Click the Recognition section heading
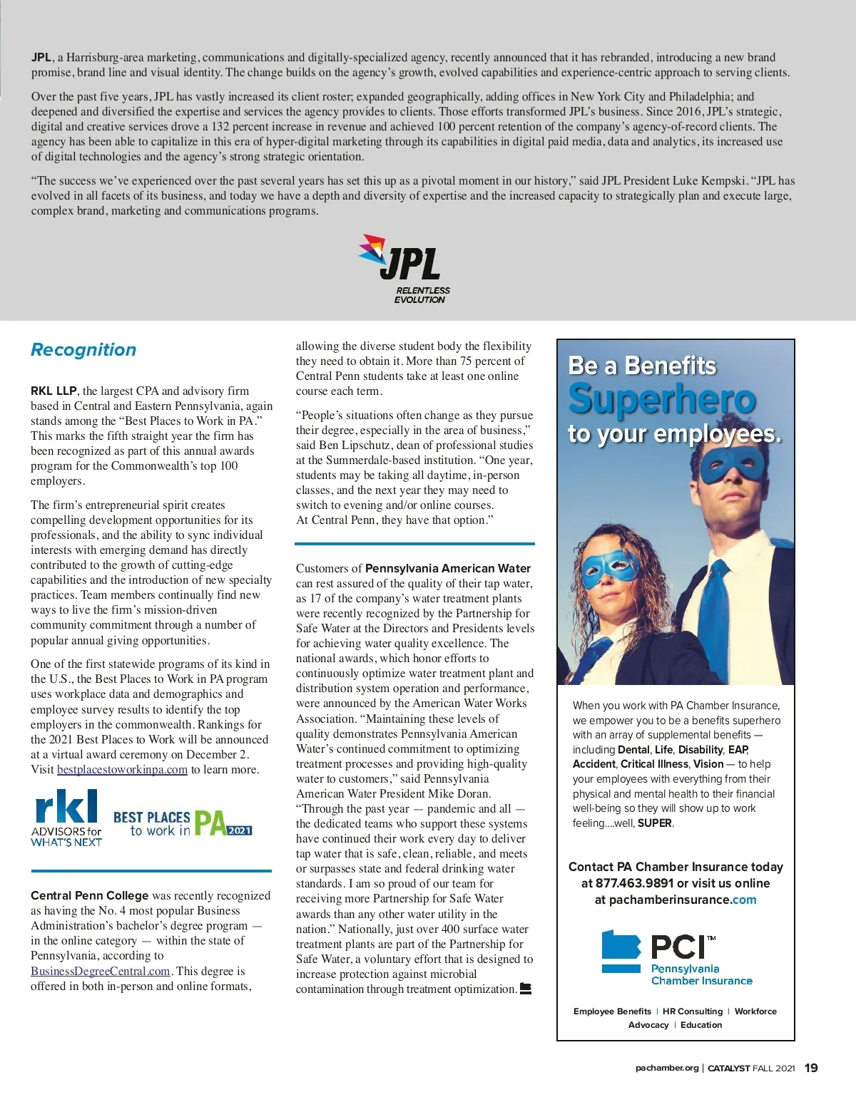[83, 349]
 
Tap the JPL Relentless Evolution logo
[404, 269]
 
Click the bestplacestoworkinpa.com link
[122, 770]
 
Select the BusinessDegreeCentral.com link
[101, 971]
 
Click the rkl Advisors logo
[66, 818]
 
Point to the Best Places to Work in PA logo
[182, 823]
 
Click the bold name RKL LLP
[53, 391]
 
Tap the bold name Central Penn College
[89, 895]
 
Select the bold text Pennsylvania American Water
[447, 568]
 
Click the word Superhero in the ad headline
[661, 399]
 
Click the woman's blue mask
[608, 568]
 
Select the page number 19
[811, 1068]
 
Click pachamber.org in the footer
[666, 1068]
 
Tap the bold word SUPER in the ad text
[654, 823]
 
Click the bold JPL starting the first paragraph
[41, 58]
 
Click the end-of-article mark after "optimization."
[526, 989]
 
